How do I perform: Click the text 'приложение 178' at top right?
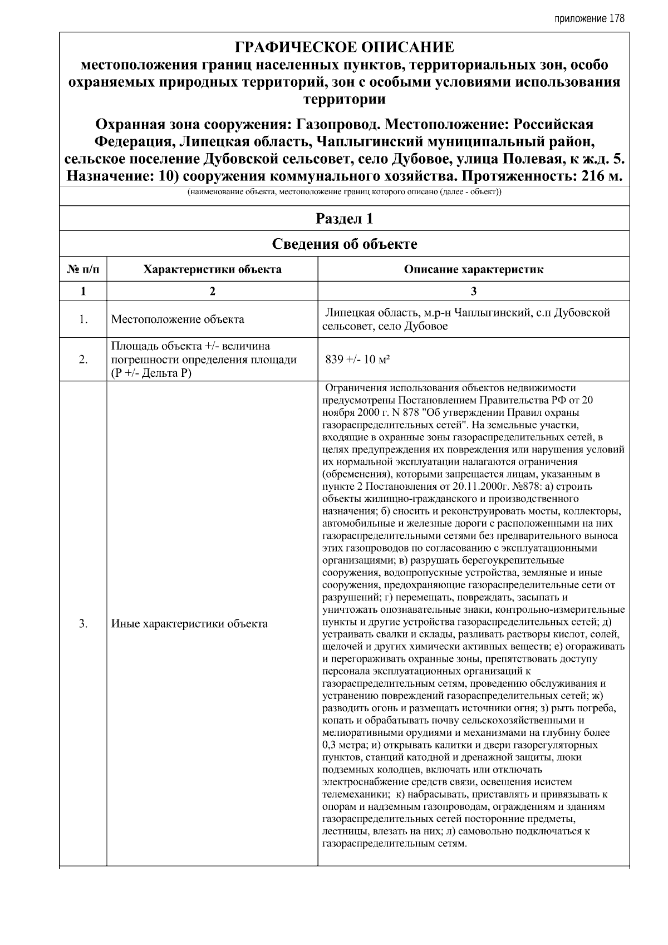590,18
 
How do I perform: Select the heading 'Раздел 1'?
344,219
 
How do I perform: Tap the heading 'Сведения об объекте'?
344,244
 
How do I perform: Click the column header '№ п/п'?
83,269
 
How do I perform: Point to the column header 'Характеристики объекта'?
212,269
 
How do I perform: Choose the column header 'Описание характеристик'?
473,269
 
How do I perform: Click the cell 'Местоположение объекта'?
178,319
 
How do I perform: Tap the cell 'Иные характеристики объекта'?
189,624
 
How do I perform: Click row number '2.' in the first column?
83,360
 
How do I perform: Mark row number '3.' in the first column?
83,624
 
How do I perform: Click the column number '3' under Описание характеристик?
473,291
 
